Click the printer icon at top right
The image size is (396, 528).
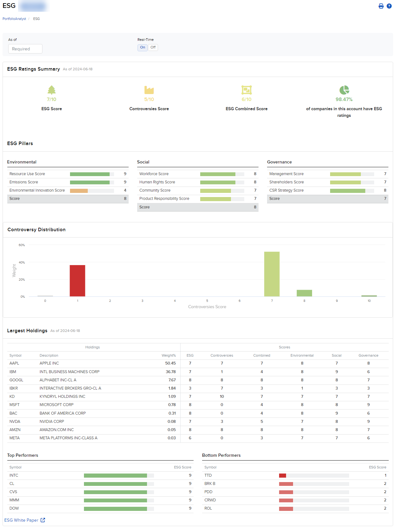(x=381, y=6)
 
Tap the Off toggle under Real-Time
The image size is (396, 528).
(x=153, y=48)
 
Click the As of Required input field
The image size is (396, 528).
(x=25, y=49)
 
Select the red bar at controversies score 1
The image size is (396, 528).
(x=77, y=281)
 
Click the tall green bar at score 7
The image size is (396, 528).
(x=272, y=274)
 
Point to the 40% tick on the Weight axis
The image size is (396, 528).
(x=22, y=263)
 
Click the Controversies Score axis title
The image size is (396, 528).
(x=207, y=307)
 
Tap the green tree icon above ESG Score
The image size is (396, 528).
(x=52, y=90)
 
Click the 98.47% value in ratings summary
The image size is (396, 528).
(x=344, y=99)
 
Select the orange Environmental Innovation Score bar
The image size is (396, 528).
(x=79, y=191)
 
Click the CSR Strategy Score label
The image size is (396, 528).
(x=286, y=190)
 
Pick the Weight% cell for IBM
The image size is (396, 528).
(x=170, y=372)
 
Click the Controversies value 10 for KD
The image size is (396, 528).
(x=222, y=397)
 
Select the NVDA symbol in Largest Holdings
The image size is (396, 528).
(x=15, y=422)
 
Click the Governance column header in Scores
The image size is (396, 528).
(x=368, y=356)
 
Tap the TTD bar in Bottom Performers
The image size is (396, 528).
(x=283, y=475)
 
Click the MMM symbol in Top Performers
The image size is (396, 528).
(x=14, y=500)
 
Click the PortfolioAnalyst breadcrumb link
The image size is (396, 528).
(x=14, y=19)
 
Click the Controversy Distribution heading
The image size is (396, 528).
(x=36, y=230)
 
